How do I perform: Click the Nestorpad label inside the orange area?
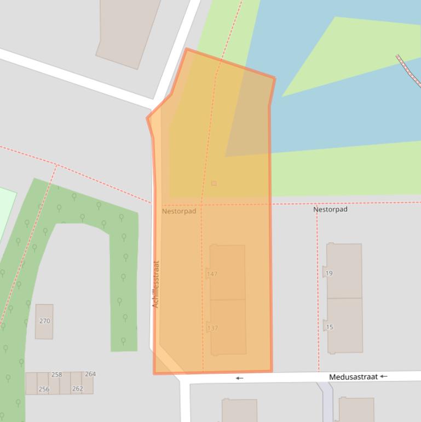pos(178,211)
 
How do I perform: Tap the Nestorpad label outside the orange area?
pos(330,209)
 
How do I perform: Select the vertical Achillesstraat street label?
pos(155,284)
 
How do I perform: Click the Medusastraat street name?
pos(353,377)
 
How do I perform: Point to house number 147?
pos(212,273)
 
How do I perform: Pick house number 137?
pos(212,328)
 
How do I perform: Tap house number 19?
pos(329,273)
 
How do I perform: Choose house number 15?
pos(329,327)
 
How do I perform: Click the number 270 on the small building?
pos(44,321)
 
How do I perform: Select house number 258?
pos(56,375)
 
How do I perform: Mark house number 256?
pos(44,389)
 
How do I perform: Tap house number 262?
pos(78,389)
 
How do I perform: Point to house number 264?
pos(90,374)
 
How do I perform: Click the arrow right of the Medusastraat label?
pos(384,377)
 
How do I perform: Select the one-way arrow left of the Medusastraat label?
pos(239,378)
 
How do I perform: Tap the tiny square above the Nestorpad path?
pos(214,183)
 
